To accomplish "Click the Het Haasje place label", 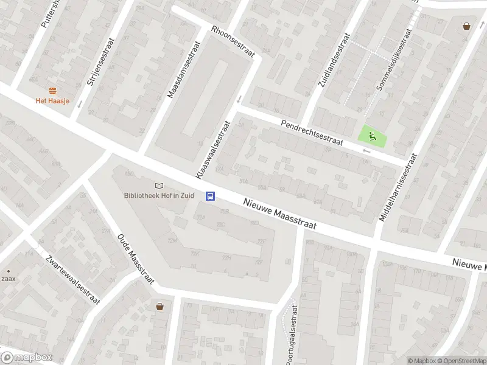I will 52,100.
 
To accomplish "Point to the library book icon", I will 159,185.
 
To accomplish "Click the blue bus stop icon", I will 211,196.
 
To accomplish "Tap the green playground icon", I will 370,136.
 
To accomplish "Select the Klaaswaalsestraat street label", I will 212,149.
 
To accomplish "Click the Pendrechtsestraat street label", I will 312,133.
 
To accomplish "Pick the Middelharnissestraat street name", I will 399,187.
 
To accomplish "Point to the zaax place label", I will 9,279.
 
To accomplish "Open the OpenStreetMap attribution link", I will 460,361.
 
